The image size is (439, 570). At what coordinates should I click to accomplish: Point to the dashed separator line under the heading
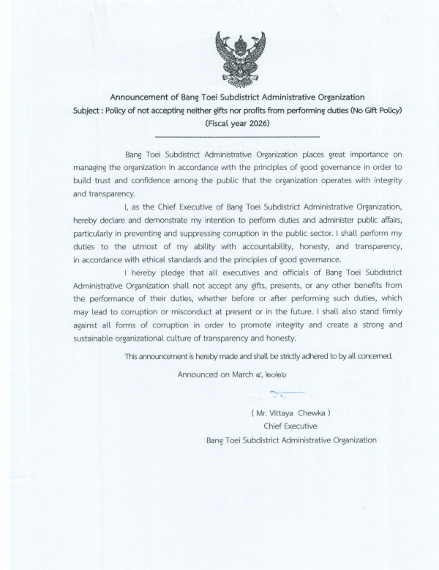pos(238,136)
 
